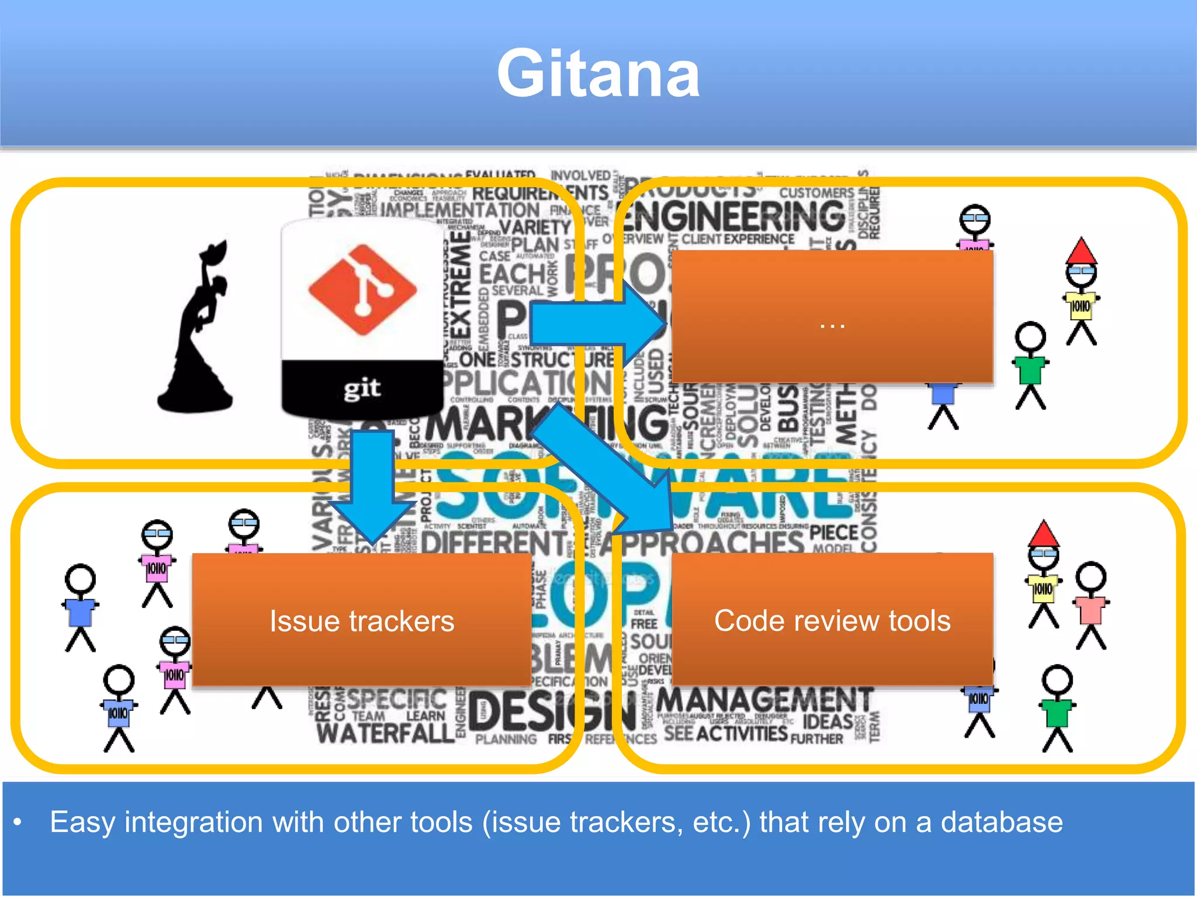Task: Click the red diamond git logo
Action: pos(362,289)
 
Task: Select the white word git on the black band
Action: pos(362,388)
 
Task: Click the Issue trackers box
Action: pos(362,620)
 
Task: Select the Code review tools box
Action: pos(832,620)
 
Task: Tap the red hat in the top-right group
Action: pos(1081,251)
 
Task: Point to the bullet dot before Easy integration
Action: pos(18,823)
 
